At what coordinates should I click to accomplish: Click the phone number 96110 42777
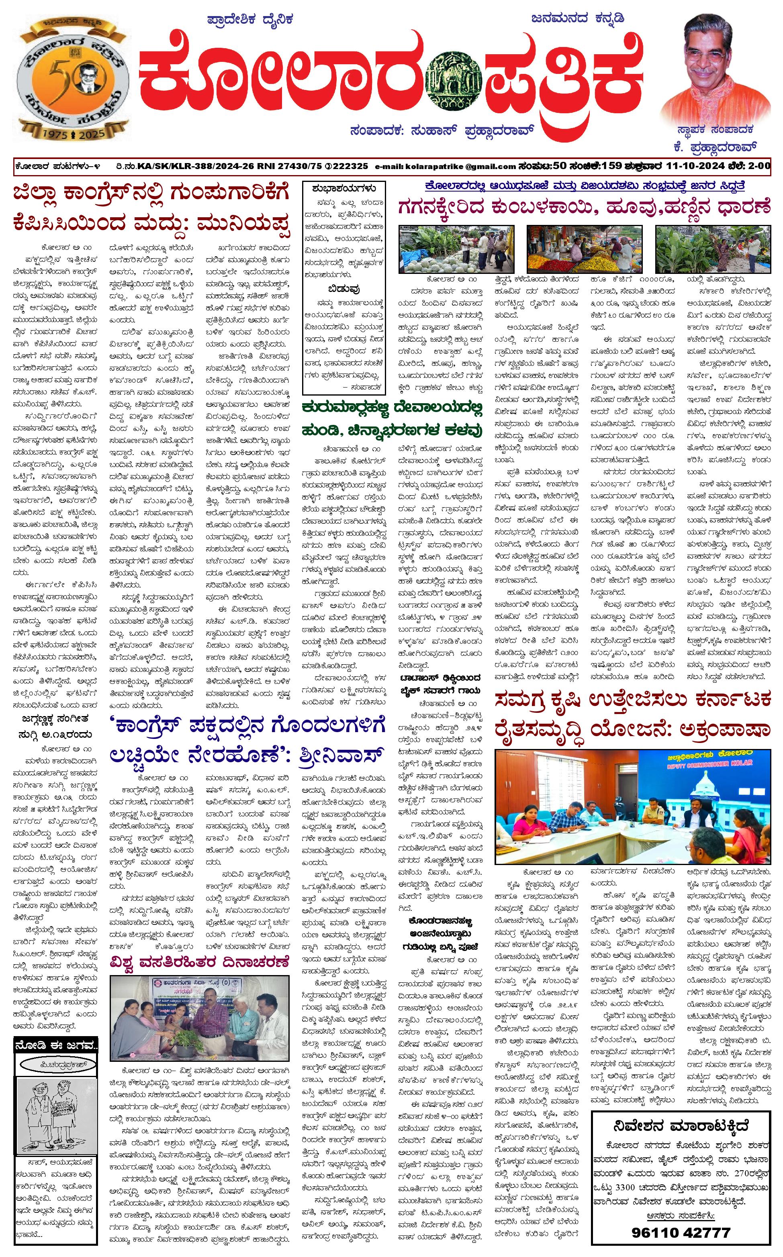point(681,1232)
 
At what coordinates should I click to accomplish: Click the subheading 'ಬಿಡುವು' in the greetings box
point(344,288)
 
